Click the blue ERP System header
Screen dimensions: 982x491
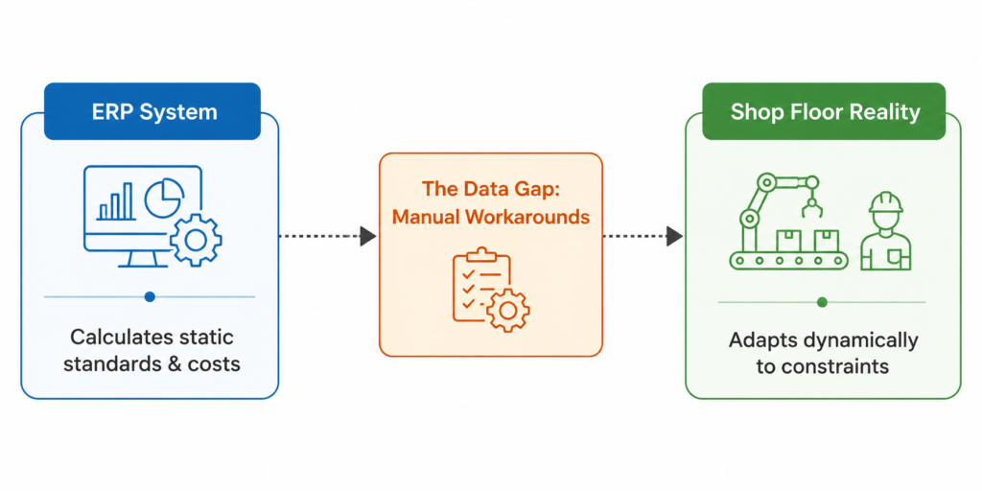152,111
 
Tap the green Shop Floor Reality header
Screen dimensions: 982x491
824,111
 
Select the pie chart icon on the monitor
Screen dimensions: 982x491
164,197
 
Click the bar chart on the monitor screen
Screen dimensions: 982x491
115,201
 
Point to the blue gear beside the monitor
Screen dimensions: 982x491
196,239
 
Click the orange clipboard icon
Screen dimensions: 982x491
481,285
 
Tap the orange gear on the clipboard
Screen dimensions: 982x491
508,310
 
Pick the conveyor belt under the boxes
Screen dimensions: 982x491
789,260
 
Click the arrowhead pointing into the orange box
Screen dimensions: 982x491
368,236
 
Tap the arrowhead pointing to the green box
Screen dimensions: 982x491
674,236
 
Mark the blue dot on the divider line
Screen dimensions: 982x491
150,297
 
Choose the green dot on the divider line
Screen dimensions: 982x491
822,302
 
